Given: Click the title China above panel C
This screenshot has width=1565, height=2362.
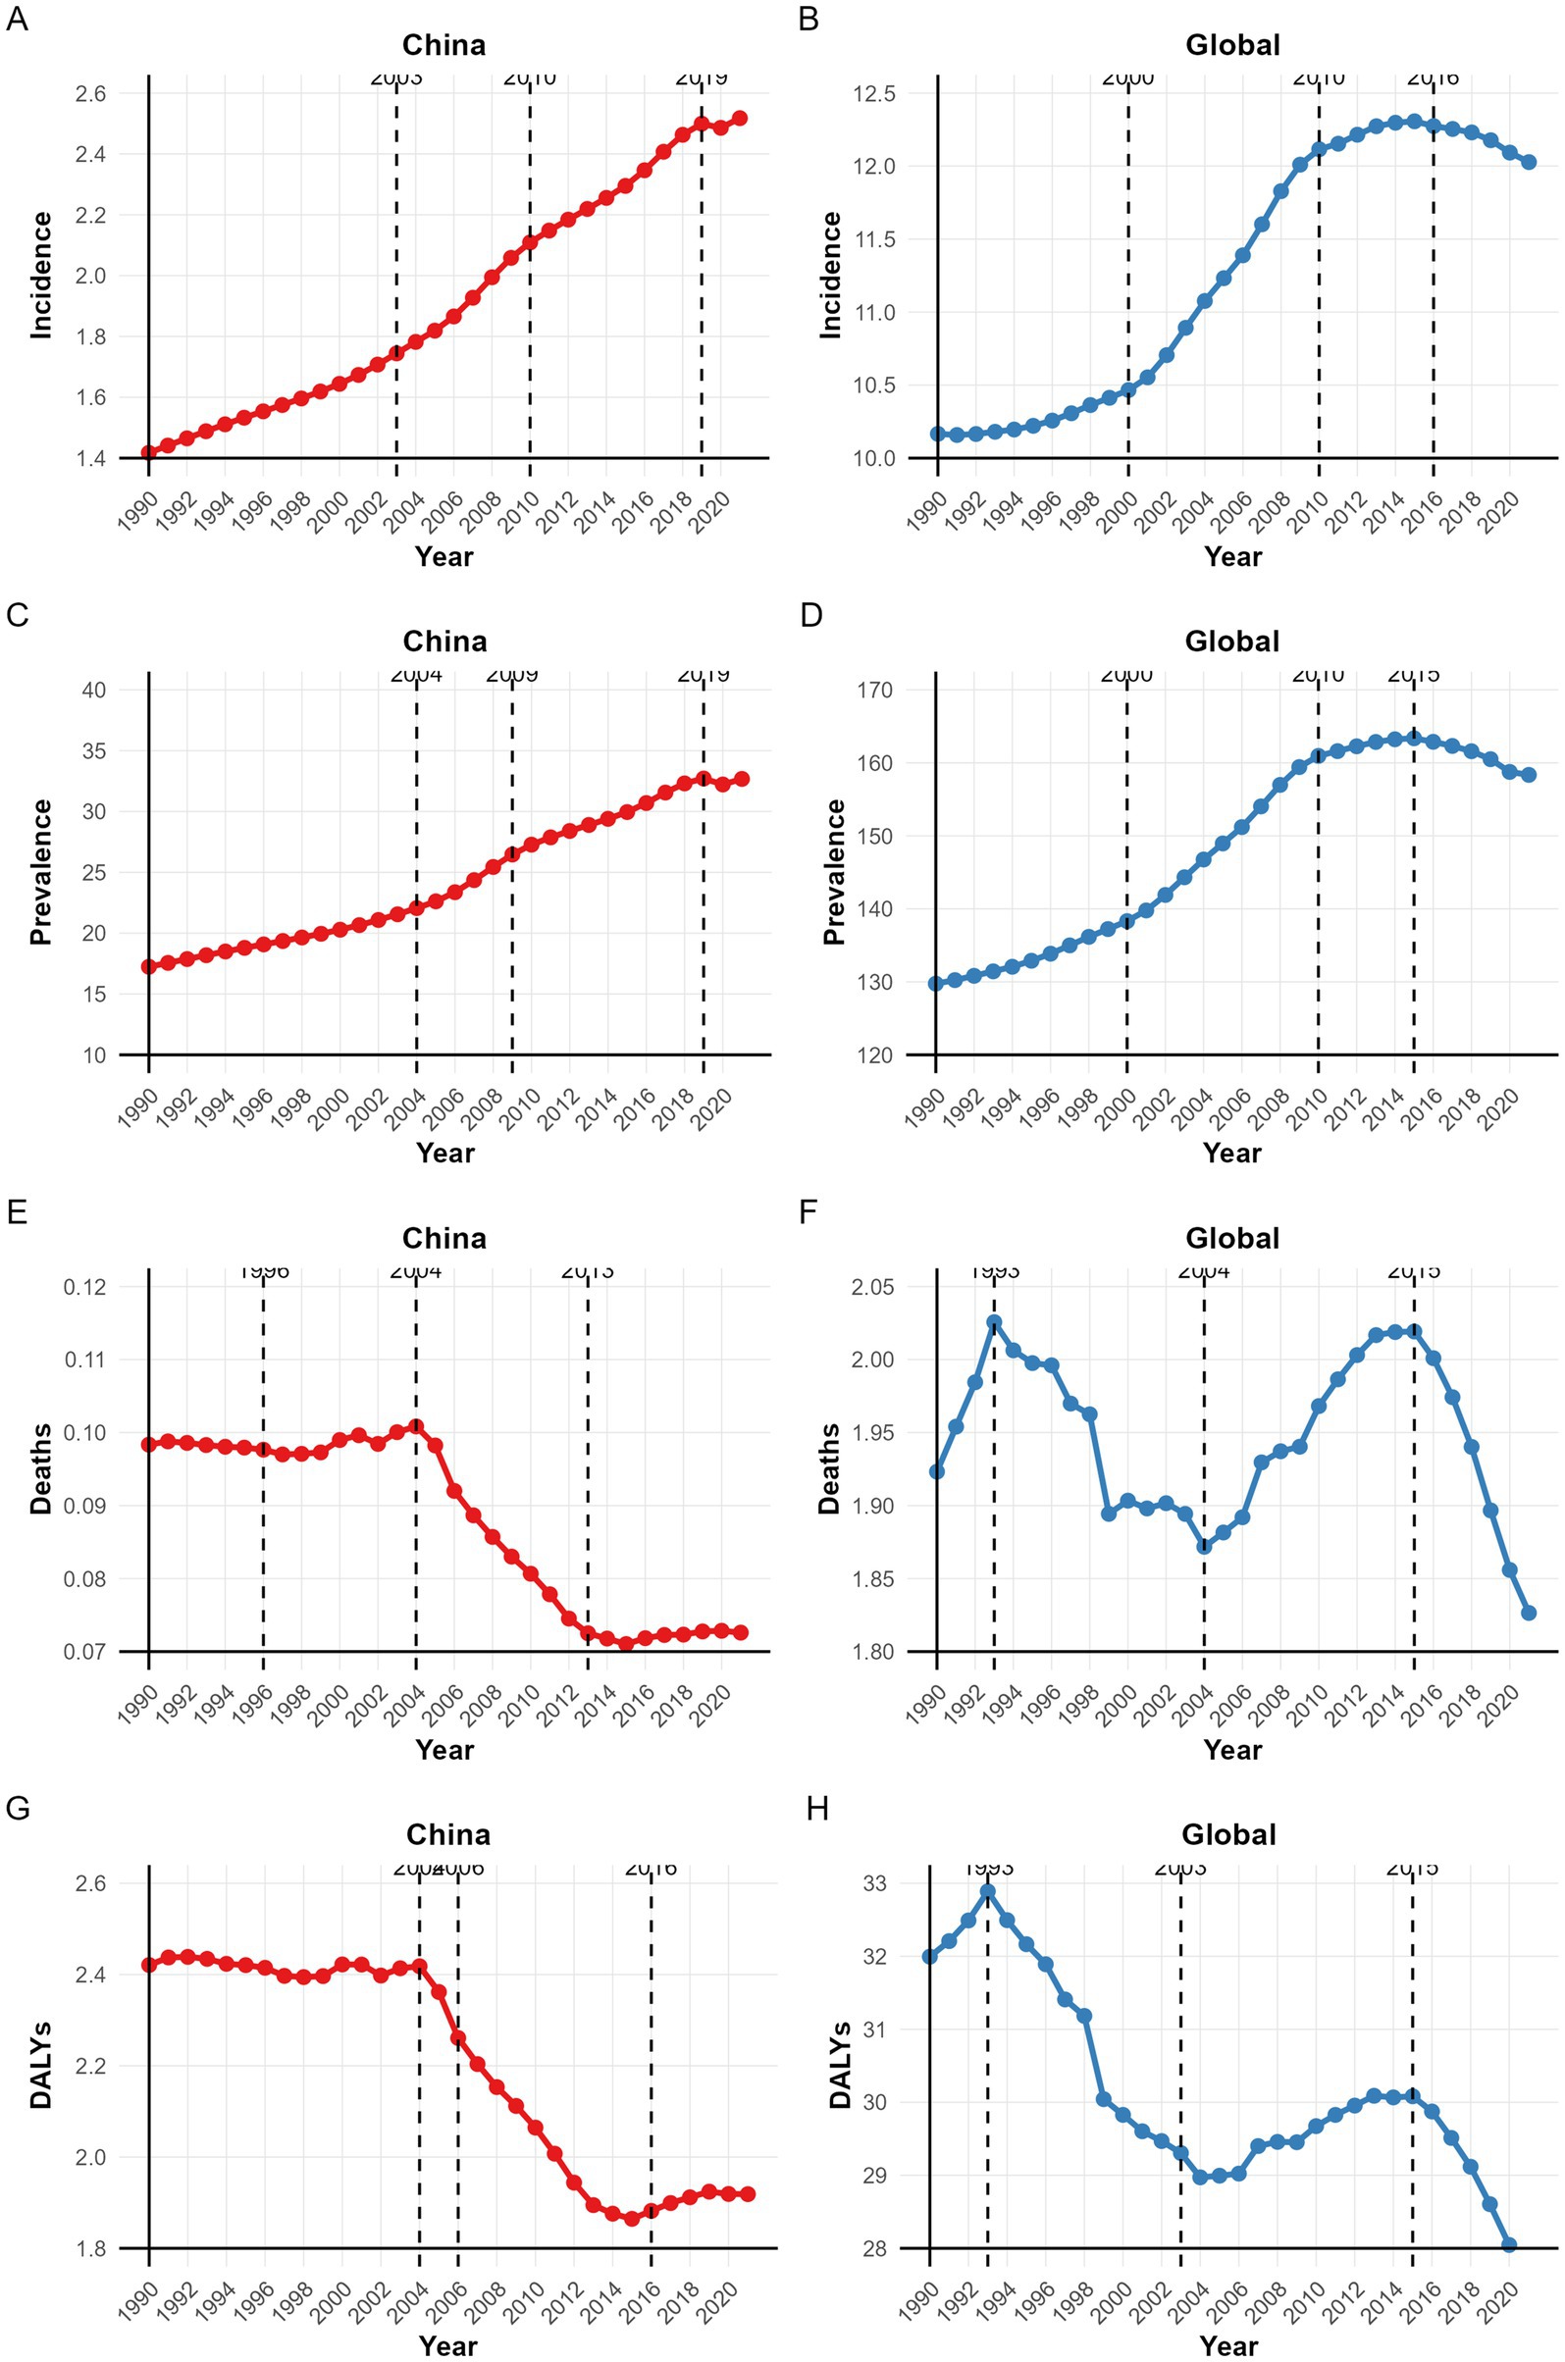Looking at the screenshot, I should pyautogui.click(x=444, y=642).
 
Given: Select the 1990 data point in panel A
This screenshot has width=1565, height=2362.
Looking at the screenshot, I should pyautogui.click(x=149, y=452).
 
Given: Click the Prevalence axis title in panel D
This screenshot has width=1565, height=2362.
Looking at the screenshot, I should pyautogui.click(x=834, y=871).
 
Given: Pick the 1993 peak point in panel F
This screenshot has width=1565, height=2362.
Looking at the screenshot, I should pyautogui.click(x=994, y=1322).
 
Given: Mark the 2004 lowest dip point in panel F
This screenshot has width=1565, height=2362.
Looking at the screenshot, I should pyautogui.click(x=1204, y=1546).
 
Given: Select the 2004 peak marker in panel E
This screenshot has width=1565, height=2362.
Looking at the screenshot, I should pyautogui.click(x=416, y=1426).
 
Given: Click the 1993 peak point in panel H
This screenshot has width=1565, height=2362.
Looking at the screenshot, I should pyautogui.click(x=987, y=1891).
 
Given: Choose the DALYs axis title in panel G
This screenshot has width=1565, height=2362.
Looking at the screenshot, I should pyautogui.click(x=41, y=2066).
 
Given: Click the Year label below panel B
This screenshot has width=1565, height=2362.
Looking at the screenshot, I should pyautogui.click(x=1232, y=557).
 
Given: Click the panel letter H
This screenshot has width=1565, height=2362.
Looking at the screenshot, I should pyautogui.click(x=816, y=1809).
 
